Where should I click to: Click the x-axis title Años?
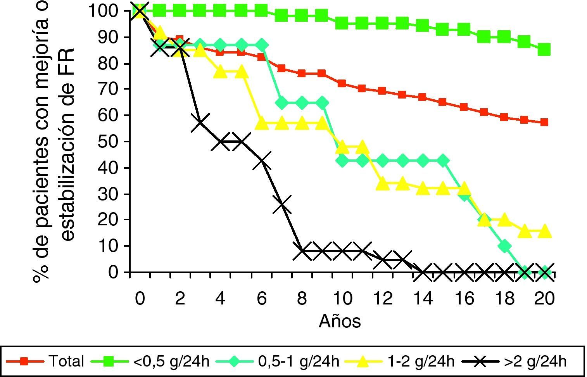[x=340, y=321]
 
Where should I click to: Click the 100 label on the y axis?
[x=102, y=11]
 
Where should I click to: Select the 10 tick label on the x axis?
[x=342, y=299]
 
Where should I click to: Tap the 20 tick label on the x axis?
[x=544, y=299]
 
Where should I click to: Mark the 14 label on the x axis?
[x=423, y=299]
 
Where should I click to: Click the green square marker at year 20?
[x=544, y=50]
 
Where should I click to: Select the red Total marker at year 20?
[x=544, y=122]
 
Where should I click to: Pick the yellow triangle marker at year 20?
[x=544, y=231]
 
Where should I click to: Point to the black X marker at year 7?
[x=281, y=204]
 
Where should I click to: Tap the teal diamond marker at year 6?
[x=261, y=45]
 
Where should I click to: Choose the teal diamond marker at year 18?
[x=504, y=246]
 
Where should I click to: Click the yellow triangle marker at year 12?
[x=383, y=183]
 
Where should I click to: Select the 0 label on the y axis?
[x=113, y=272]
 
